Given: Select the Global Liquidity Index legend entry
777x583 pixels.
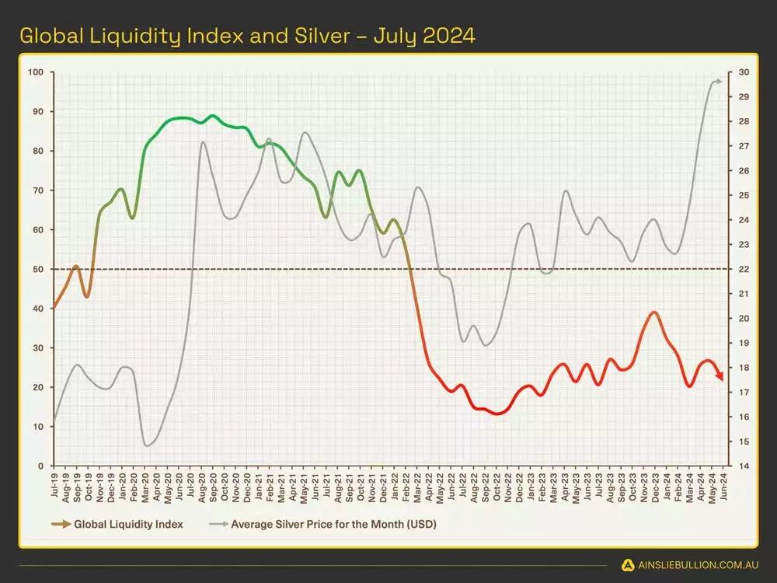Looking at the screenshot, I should (128, 524).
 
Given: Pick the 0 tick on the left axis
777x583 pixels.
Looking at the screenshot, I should (42, 466).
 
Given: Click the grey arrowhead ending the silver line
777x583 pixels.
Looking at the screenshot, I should (720, 81).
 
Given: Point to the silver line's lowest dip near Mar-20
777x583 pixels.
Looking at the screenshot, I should (146, 445).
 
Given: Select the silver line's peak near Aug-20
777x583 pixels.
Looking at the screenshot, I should (203, 142).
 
